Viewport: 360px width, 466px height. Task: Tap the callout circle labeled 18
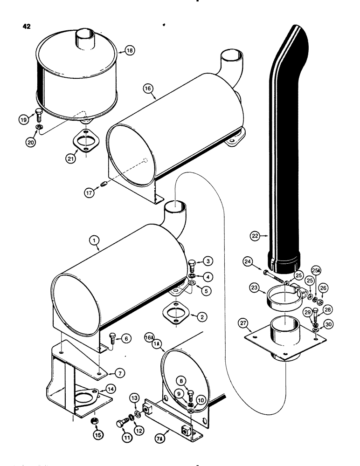(130, 50)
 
